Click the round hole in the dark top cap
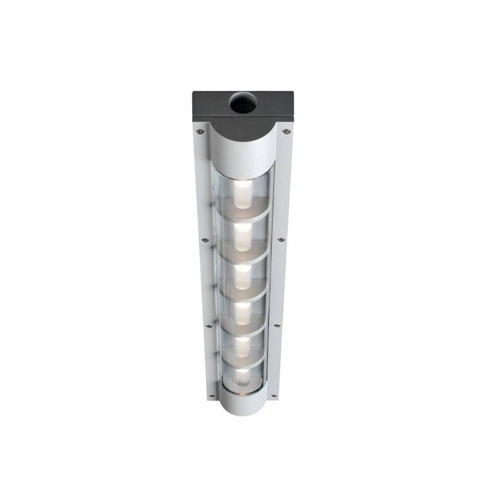[x=243, y=104]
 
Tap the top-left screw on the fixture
[x=198, y=128]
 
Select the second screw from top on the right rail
[x=281, y=239]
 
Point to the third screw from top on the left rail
[x=208, y=326]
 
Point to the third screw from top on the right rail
[x=277, y=326]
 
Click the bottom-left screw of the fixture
[x=211, y=396]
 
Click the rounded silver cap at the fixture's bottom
[x=242, y=402]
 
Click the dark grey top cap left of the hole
[x=211, y=104]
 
